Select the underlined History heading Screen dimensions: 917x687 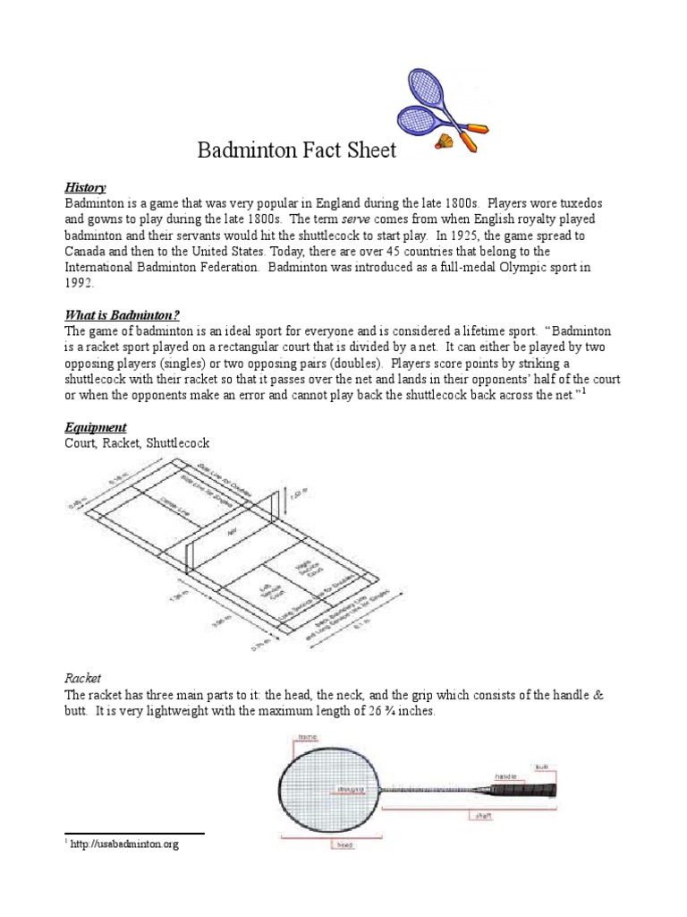click(85, 187)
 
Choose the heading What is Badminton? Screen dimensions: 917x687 click(122, 315)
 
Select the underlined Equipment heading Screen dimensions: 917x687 click(95, 427)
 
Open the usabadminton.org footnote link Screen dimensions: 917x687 click(125, 844)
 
